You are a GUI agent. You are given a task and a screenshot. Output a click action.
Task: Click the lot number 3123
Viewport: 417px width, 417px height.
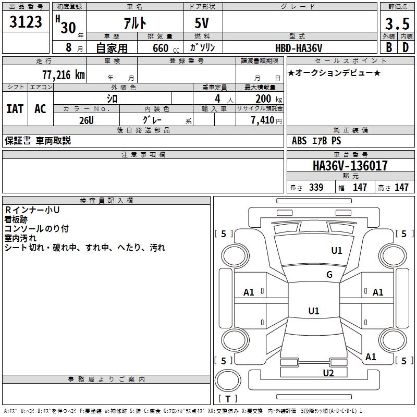click(26, 22)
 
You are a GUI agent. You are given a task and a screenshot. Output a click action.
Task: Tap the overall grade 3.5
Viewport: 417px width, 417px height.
click(397, 24)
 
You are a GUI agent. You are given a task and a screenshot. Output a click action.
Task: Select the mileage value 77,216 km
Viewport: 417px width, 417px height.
click(63, 75)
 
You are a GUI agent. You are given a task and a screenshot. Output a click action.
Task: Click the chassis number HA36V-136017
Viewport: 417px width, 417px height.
click(350, 166)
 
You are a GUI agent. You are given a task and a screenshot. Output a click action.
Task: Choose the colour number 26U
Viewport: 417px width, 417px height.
click(86, 120)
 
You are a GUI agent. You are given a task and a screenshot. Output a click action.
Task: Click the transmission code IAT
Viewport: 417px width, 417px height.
click(15, 108)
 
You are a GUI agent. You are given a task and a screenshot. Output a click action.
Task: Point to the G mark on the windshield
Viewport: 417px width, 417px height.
click(329, 275)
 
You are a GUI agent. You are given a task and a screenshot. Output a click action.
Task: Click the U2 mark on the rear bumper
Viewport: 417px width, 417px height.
click(328, 373)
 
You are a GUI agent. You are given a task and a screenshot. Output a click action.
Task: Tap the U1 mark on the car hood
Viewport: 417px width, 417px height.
click(337, 251)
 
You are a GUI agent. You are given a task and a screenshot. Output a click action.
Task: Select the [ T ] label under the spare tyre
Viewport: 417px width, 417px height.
click(228, 399)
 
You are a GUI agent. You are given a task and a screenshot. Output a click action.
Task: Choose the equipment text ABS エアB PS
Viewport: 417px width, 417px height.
click(316, 141)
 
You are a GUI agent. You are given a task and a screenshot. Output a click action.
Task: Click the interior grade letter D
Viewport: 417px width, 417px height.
click(405, 47)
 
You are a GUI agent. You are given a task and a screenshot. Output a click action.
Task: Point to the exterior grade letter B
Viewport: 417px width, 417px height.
click(388, 47)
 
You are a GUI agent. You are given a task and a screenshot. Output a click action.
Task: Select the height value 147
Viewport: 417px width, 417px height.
click(401, 188)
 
